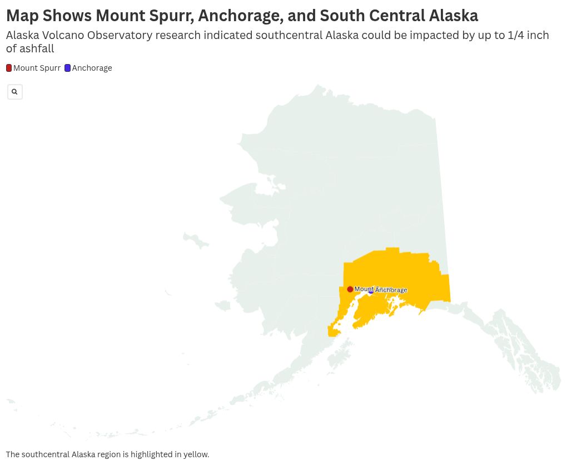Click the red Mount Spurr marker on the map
350,289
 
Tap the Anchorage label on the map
392,290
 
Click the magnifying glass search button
14,92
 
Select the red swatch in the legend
9,68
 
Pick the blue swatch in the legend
67,68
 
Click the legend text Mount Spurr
37,68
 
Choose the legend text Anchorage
92,68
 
